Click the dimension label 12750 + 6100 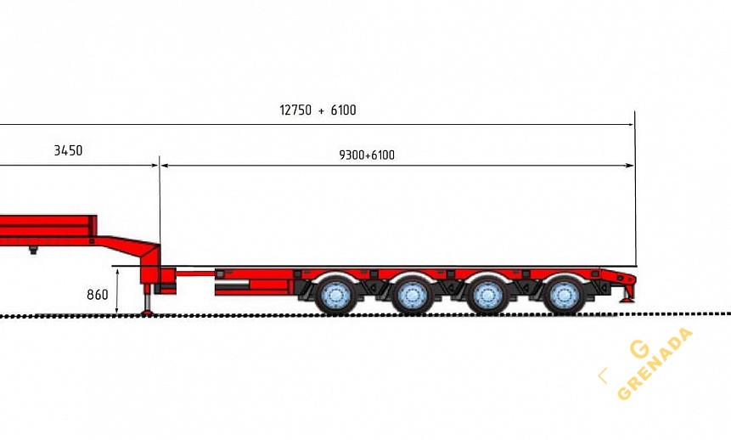click(x=318, y=110)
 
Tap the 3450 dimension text click(x=68, y=151)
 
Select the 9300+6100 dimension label click(x=367, y=155)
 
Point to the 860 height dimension click(x=98, y=296)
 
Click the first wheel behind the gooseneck click(x=336, y=295)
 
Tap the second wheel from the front click(x=412, y=295)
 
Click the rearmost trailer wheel click(x=563, y=295)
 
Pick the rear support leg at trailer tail click(x=629, y=293)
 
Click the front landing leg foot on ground click(x=148, y=312)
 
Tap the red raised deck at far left click(x=42, y=230)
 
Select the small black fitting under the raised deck click(x=33, y=250)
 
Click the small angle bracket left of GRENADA click(x=602, y=375)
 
